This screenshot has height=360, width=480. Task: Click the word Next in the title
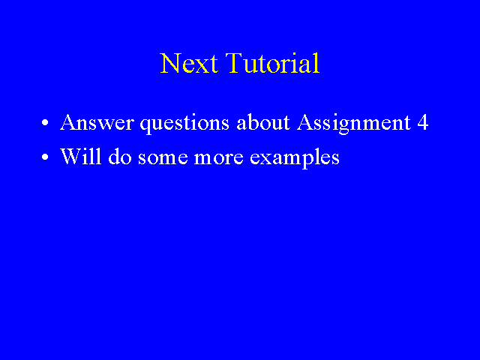tap(189, 63)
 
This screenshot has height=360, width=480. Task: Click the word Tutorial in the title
tap(273, 63)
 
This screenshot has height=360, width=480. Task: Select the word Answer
tap(97, 122)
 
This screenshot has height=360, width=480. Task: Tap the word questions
tap(184, 124)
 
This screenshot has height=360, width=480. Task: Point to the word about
tap(263, 122)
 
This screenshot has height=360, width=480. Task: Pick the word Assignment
tap(354, 124)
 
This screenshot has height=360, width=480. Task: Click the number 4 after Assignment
tap(423, 122)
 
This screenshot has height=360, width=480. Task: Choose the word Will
tap(81, 156)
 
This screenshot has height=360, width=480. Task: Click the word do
tap(120, 156)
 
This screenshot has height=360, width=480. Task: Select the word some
tap(163, 158)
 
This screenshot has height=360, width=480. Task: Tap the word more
tap(219, 158)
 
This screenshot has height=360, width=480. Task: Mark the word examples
tap(295, 158)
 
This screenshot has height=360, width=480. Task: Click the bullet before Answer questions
tap(45, 123)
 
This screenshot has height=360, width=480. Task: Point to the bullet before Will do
tap(45, 157)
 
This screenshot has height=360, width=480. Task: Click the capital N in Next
tap(169, 63)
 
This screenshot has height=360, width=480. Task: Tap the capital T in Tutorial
tap(235, 63)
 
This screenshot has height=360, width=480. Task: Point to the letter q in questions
tap(145, 127)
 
